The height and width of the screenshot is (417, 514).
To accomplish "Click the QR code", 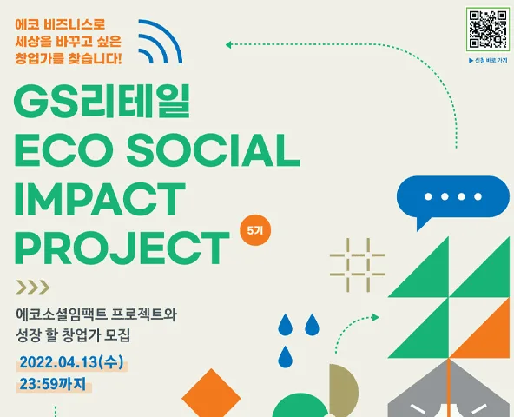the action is tap(488, 29).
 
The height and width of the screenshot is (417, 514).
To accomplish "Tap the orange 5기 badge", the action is tap(255, 230).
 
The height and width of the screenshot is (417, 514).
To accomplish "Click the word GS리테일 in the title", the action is tap(102, 102).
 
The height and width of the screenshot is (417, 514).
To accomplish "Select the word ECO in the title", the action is tap(62, 150).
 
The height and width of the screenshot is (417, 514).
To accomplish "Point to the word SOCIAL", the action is tap(214, 150).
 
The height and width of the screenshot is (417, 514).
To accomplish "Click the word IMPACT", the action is tap(100, 199).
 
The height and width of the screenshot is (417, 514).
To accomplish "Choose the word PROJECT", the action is tap(122, 248).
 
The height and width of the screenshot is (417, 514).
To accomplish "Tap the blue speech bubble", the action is tap(453, 197).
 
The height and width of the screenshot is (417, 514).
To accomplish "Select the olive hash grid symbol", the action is tap(358, 265).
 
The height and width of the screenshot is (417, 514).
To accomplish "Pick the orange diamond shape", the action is tap(212, 394).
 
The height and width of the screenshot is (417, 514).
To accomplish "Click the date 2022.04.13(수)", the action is tap(71, 362).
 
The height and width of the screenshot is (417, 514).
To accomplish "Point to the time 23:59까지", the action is tap(53, 383).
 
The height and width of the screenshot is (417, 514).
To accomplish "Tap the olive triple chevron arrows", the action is tap(33, 287).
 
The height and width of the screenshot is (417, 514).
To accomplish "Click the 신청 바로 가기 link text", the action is tap(488, 60).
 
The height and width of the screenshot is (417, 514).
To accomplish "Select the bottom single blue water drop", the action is tap(285, 357).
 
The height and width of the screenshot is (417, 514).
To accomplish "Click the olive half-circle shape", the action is tap(343, 390).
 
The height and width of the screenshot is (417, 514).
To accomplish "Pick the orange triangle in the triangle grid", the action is tap(479, 328).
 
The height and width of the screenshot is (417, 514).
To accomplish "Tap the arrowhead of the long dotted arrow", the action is tap(228, 44).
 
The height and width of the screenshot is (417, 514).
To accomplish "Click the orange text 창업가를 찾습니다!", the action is tap(69, 58).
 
